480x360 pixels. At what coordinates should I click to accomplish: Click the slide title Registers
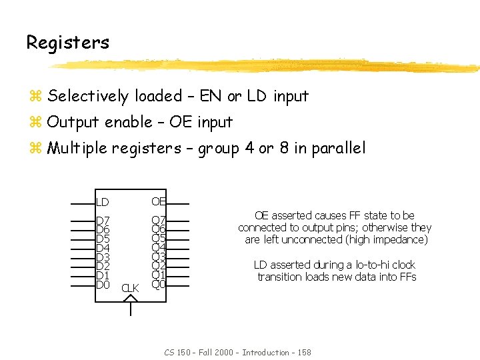point(67,43)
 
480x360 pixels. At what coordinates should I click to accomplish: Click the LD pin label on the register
point(102,202)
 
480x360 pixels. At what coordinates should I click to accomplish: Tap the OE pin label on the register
point(159,201)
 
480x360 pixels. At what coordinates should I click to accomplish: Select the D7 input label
point(103,221)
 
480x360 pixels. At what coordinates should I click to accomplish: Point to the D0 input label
point(103,285)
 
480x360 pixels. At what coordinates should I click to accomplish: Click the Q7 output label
point(159,221)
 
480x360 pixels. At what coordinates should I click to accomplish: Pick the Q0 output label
point(159,285)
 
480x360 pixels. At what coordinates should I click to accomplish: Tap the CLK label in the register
point(130,288)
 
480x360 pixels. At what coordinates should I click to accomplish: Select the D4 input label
point(103,248)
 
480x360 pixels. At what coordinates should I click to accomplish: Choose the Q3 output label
point(159,257)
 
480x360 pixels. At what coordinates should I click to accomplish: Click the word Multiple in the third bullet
point(77,148)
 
